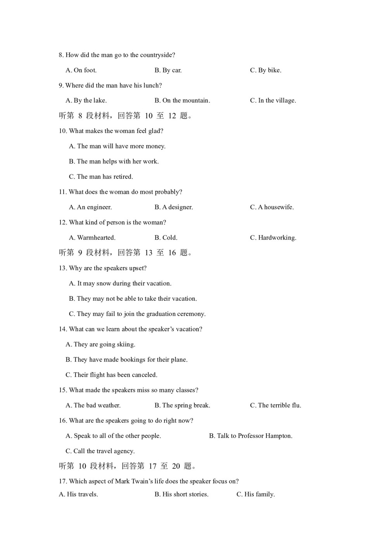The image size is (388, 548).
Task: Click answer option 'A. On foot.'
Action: (81, 70)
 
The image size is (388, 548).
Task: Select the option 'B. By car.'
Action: (168, 70)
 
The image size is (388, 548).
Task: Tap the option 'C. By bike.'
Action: (265, 70)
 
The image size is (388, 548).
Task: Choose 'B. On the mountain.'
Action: (182, 100)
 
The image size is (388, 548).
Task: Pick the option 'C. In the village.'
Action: (273, 100)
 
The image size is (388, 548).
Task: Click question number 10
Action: (63, 131)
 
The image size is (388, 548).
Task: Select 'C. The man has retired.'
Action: (101, 177)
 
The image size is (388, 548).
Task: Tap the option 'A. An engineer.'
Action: (90, 207)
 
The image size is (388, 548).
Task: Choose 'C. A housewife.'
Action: (272, 207)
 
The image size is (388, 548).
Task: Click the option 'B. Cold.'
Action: (166, 238)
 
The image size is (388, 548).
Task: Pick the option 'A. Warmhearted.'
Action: (92, 238)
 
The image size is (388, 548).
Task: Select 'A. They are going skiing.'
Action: (100, 345)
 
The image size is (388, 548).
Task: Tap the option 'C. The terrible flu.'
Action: (275, 405)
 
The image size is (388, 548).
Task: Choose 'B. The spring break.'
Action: (182, 405)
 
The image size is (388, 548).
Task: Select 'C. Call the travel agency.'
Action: (100, 451)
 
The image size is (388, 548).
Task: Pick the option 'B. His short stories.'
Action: (181, 495)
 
